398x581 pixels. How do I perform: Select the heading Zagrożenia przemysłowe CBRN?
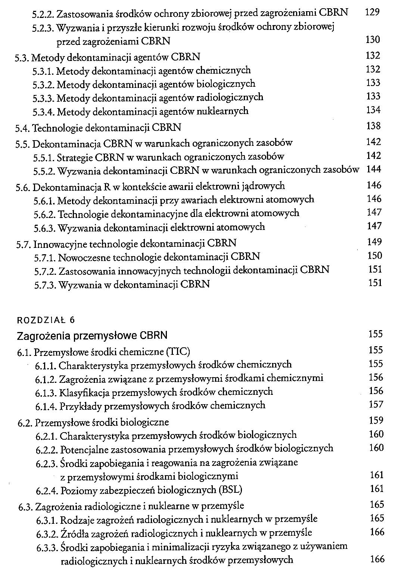(92, 335)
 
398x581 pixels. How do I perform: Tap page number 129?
(372, 12)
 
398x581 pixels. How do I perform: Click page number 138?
(373, 126)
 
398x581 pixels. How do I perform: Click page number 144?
(374, 169)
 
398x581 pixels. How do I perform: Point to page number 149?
(374, 242)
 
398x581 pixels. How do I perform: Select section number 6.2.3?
(47, 464)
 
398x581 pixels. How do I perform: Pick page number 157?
(376, 404)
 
